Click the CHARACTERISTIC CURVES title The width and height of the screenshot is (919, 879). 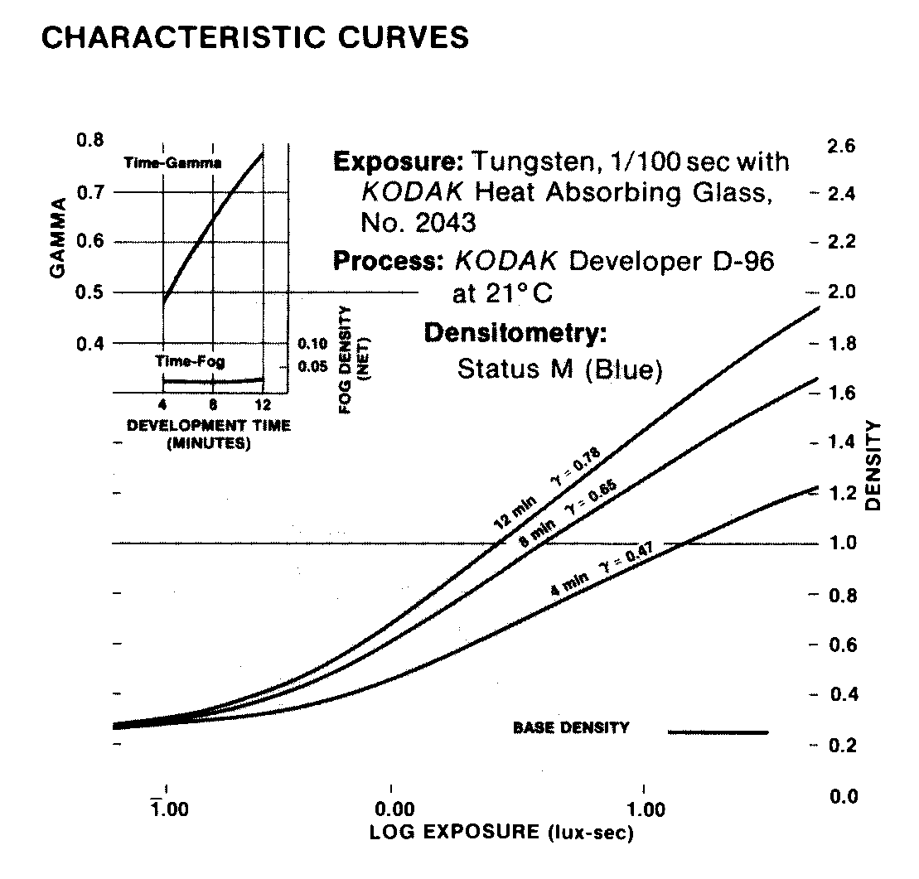click(x=254, y=37)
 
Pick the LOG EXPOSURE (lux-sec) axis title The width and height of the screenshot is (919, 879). click(x=501, y=832)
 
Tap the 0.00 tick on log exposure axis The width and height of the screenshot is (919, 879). click(x=391, y=809)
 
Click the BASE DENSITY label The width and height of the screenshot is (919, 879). click(x=571, y=728)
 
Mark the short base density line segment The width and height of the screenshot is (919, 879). click(x=718, y=732)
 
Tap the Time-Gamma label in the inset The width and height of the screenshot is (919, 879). click(x=172, y=163)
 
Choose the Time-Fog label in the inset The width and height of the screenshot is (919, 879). click(x=190, y=361)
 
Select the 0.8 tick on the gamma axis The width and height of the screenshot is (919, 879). click(x=89, y=140)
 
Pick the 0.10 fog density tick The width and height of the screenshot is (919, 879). click(x=313, y=341)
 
